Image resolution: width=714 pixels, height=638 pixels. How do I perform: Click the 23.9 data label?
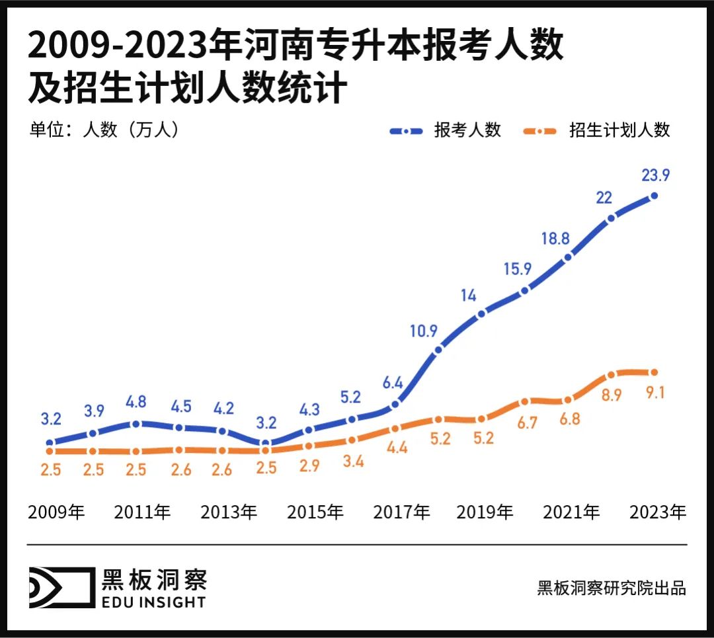(654, 175)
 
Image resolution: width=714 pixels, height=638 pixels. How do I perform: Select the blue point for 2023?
(654, 196)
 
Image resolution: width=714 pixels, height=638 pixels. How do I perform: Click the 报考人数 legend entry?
(467, 130)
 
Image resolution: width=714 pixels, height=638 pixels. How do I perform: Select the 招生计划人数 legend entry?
(619, 130)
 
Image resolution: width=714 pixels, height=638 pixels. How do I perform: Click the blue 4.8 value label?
(136, 403)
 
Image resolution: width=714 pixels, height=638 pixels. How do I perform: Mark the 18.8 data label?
(555, 239)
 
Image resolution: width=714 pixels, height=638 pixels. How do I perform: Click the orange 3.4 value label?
(353, 461)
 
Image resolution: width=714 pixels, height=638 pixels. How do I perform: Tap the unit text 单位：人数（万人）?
(104, 130)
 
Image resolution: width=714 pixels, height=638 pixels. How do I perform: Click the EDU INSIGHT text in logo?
(154, 602)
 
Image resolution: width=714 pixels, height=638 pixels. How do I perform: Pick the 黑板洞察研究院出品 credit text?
(612, 588)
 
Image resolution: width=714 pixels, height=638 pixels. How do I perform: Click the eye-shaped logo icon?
(60, 587)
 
